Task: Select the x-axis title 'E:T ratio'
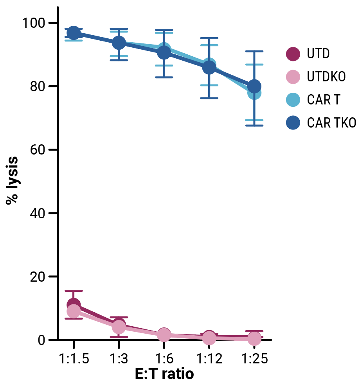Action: click(x=164, y=374)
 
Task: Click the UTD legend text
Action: click(x=318, y=54)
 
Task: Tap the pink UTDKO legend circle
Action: click(x=293, y=77)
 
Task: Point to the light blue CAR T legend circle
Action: click(x=293, y=100)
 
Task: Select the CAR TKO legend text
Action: click(x=331, y=123)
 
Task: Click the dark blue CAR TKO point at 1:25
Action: click(x=254, y=86)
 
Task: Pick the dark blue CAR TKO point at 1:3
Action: click(x=119, y=43)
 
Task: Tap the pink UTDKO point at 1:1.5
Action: click(x=74, y=311)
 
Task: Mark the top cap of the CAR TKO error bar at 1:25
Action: click(x=254, y=51)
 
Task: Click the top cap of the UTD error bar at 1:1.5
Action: click(x=74, y=291)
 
